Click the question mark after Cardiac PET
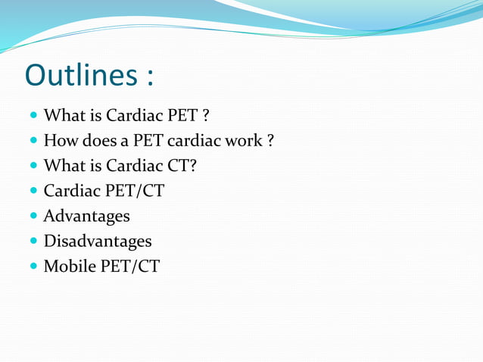pos(206,116)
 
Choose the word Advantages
pos(86,216)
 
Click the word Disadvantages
pos(97,241)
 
